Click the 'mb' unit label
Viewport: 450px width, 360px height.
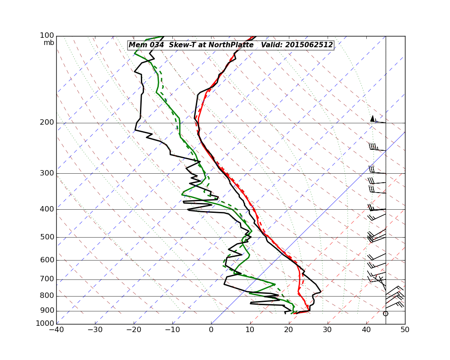(49, 43)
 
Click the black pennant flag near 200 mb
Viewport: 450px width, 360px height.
(372, 118)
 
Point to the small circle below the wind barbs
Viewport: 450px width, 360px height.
(385, 313)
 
